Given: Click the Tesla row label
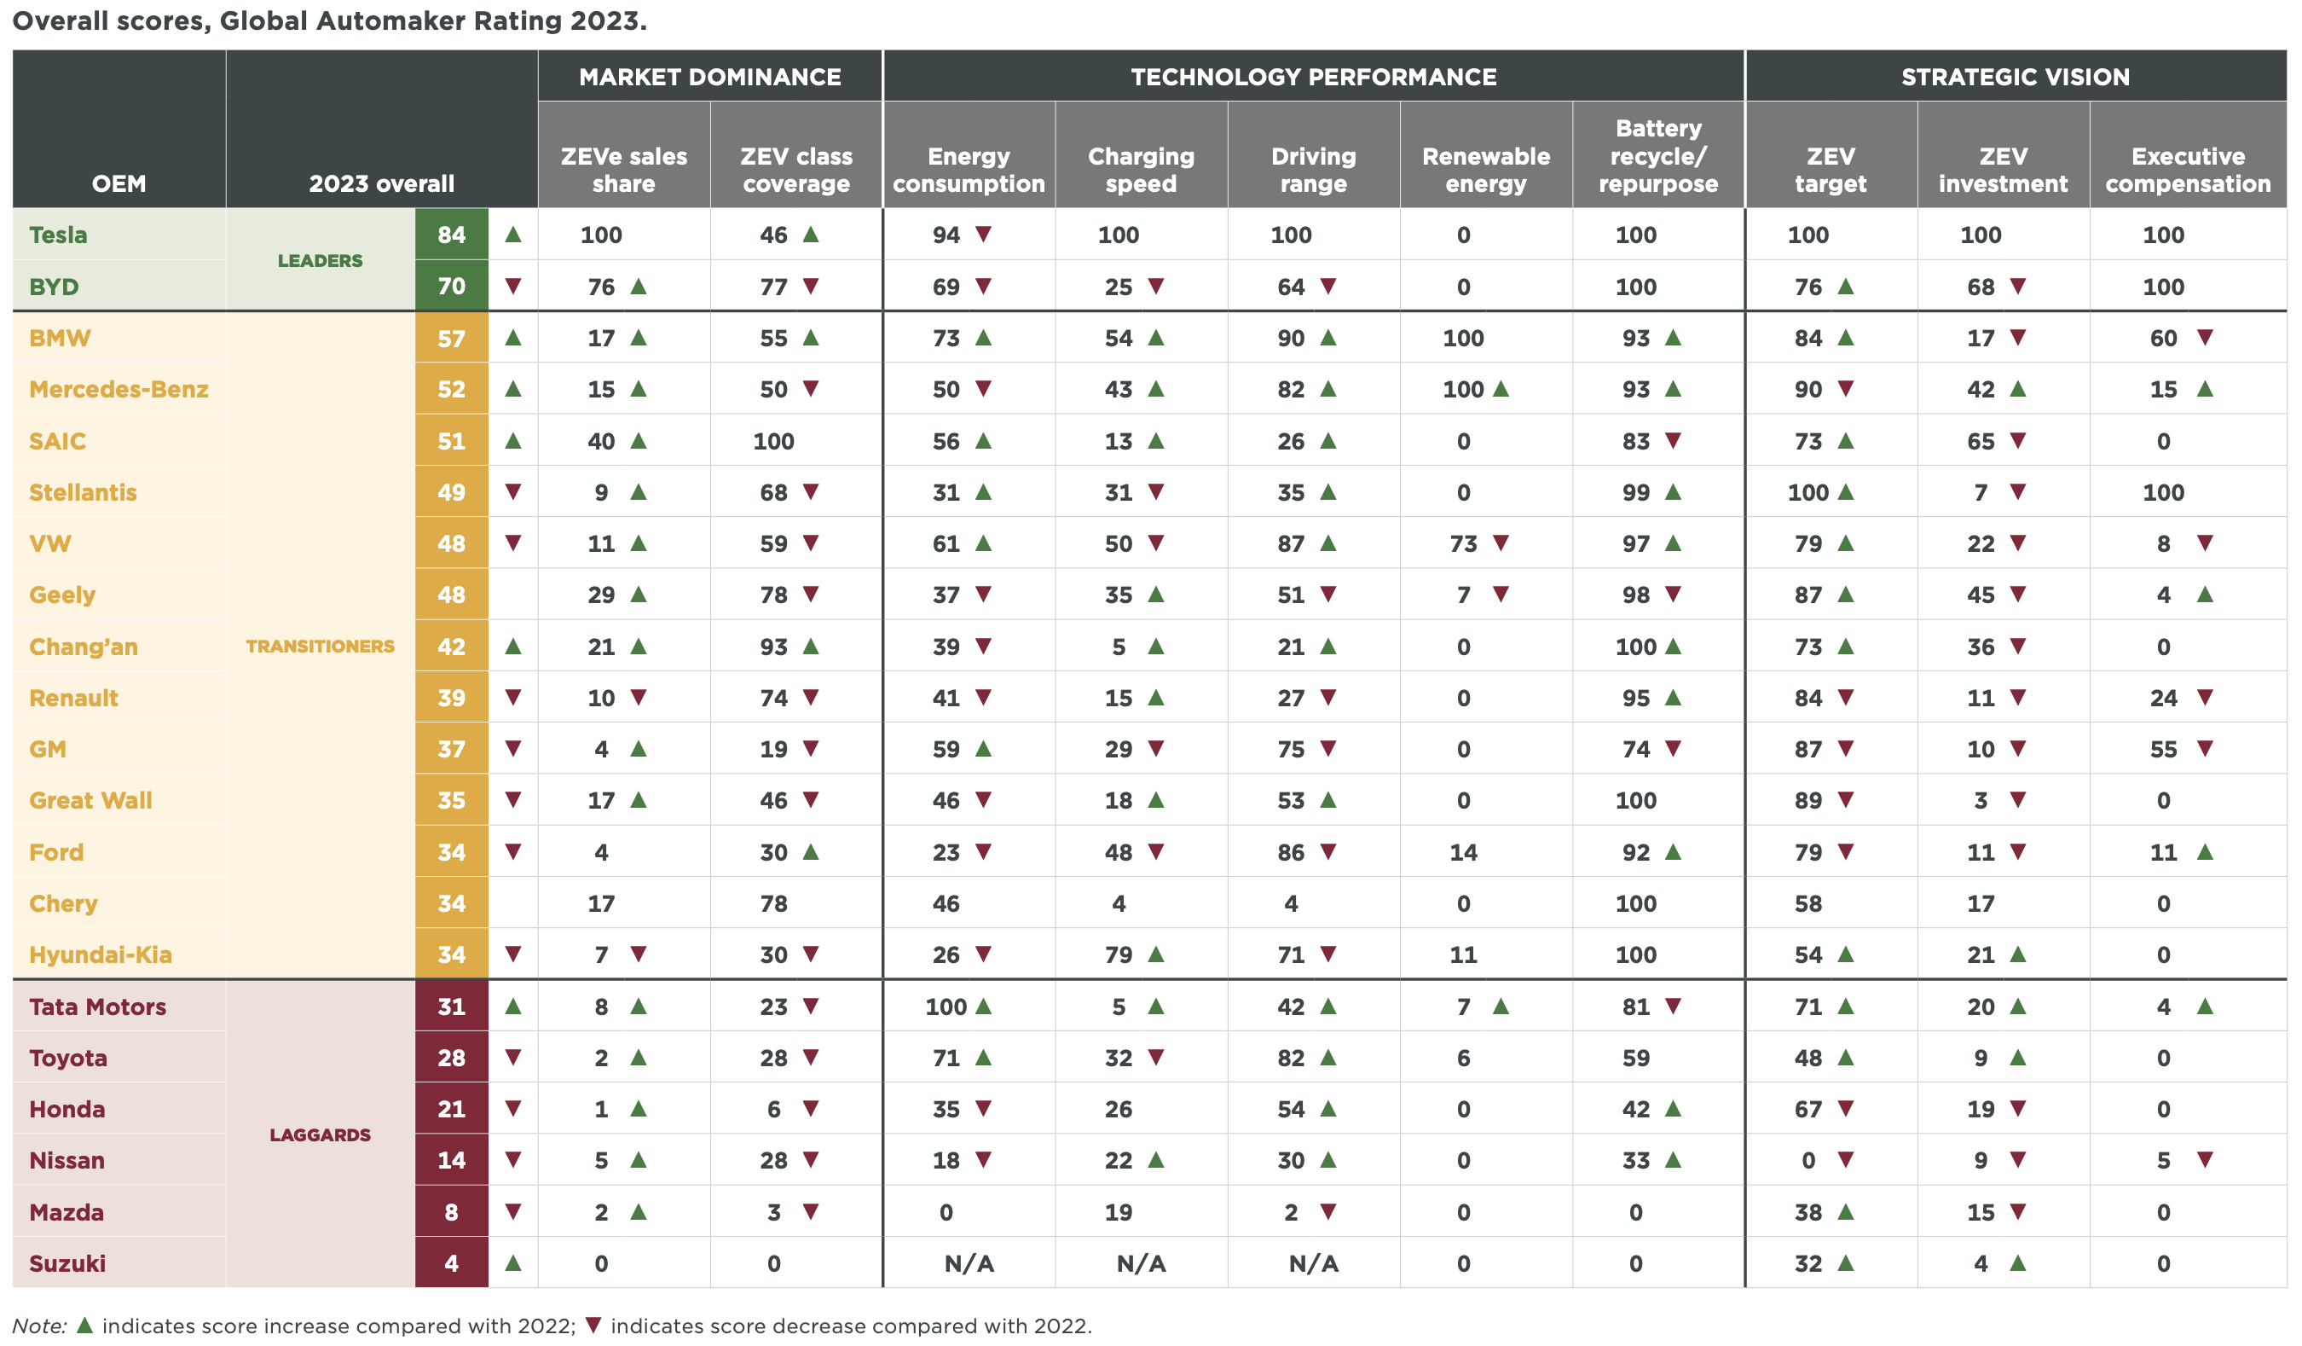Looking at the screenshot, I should coord(59,235).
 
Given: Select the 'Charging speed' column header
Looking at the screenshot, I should coord(1141,169).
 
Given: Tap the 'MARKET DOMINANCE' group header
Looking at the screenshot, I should coord(709,77).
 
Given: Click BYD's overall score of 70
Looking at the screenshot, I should coord(451,286).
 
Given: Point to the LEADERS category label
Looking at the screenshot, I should coord(320,260).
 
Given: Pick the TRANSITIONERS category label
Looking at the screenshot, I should coord(320,646).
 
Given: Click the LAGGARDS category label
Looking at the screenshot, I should coord(320,1135).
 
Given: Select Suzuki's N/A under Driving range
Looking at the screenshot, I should coord(1313,1264).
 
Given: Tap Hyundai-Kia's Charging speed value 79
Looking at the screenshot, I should coord(1118,954).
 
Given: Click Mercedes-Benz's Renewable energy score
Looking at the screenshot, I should coord(1462,389).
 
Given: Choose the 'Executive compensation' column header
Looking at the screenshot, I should coord(2187,169).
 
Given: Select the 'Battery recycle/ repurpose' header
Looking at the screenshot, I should coord(1658,155).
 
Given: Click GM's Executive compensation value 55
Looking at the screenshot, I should coord(2163,749).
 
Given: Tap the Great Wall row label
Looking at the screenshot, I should coord(90,800).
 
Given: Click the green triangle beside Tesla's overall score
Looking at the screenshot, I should coord(513,235).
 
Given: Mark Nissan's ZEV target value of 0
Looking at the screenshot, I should coord(1807,1161).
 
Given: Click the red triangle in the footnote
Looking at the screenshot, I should coord(593,1325).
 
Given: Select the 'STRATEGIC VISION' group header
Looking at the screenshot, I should coord(2016,77).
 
